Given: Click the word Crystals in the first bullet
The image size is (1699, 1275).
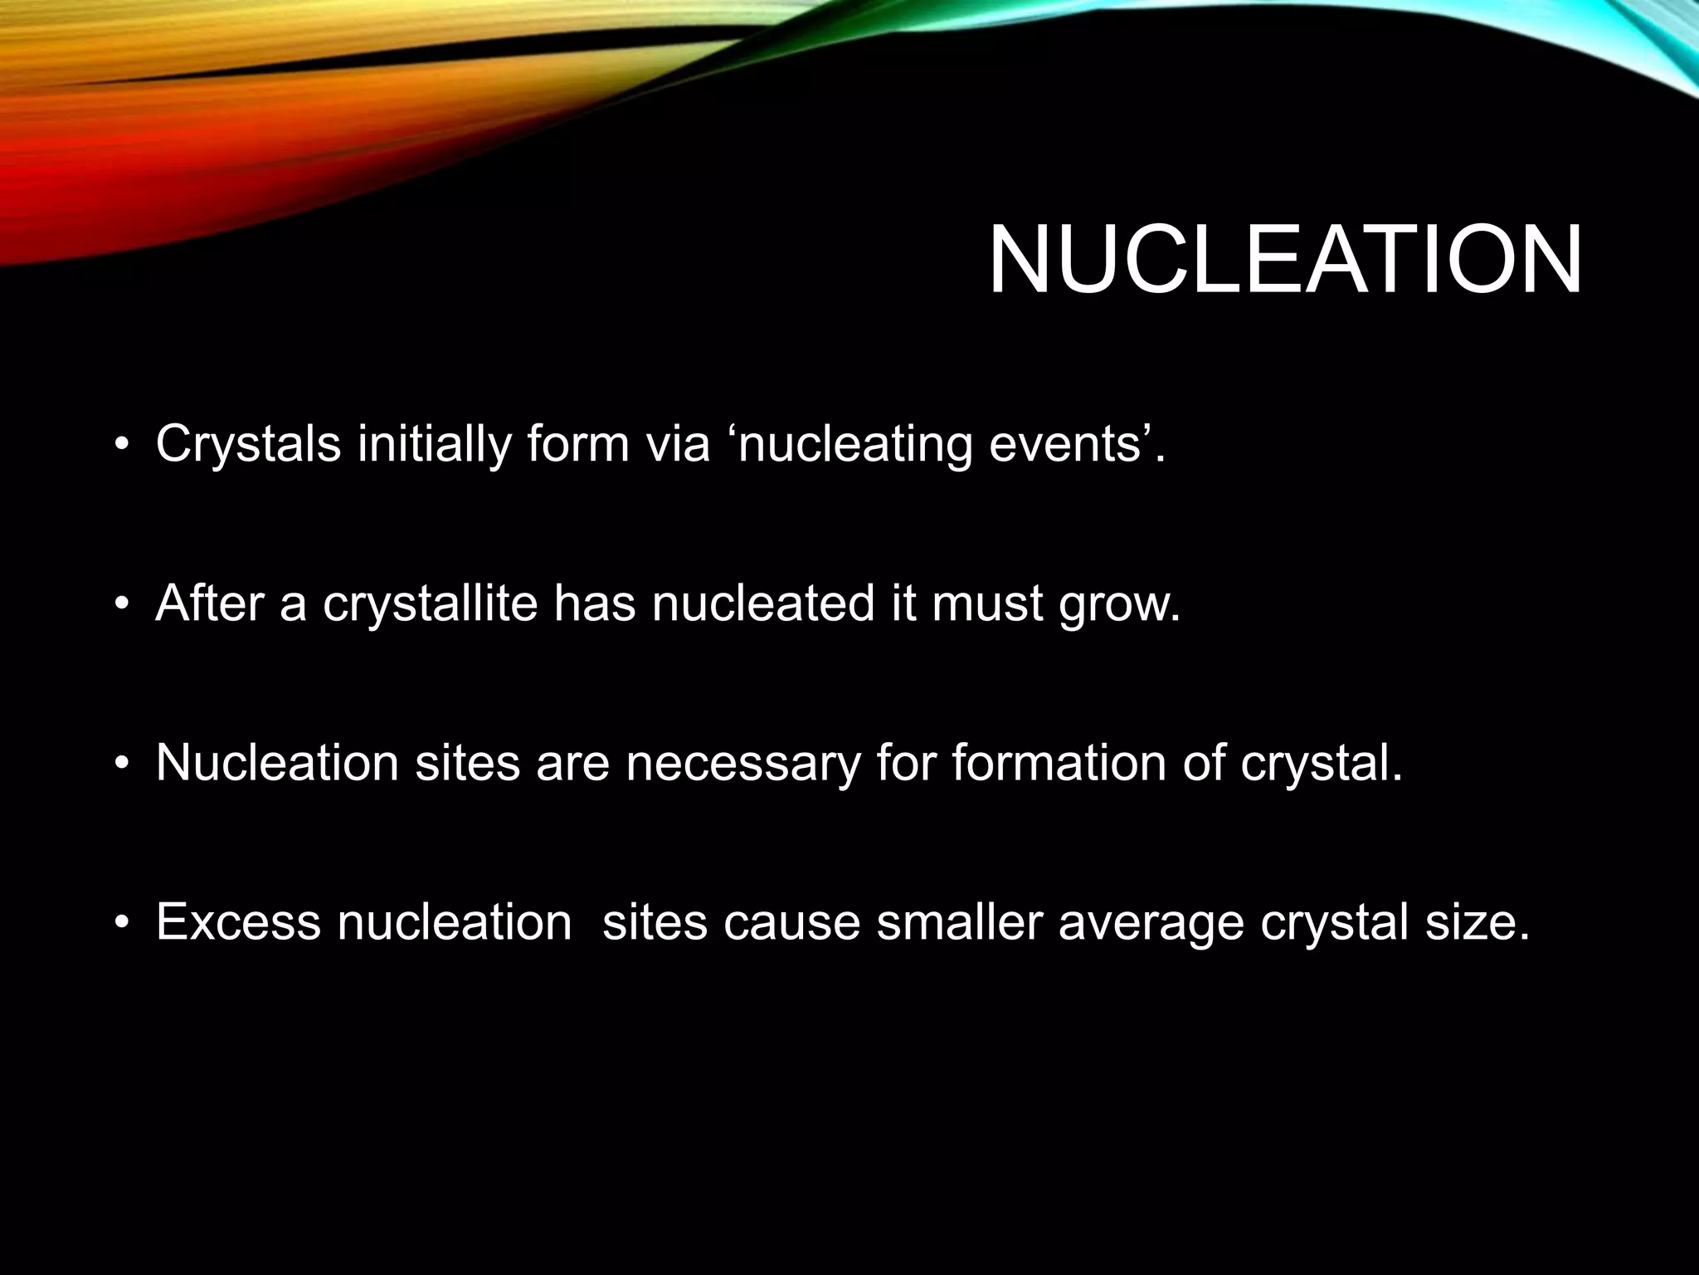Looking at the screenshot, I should (248, 444).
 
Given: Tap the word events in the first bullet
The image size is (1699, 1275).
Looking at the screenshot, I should (1069, 444).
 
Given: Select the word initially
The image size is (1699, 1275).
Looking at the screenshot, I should (433, 444).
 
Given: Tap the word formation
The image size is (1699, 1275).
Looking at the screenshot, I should (1058, 762).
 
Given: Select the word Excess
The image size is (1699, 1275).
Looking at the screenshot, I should (237, 921).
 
